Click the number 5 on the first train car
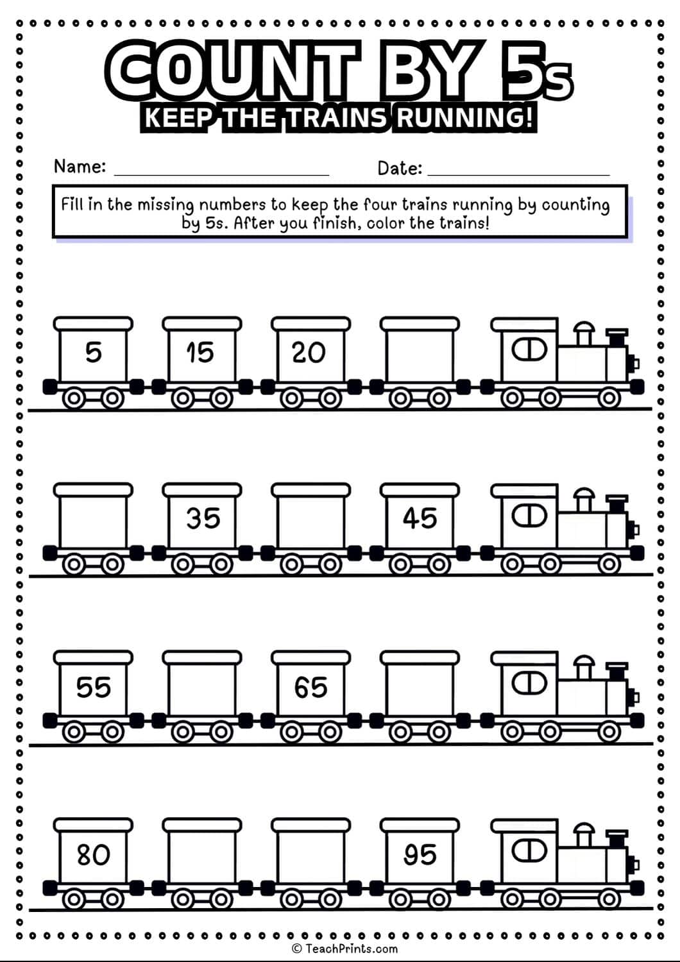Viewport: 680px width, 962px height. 94,353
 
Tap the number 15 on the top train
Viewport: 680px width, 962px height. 200,353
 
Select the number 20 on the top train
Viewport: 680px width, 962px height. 309,353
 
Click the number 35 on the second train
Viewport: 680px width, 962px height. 203,518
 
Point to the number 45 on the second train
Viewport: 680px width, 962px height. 420,518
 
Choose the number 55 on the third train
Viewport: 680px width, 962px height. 94,688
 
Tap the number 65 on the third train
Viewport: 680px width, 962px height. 311,688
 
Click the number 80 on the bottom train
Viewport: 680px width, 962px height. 94,855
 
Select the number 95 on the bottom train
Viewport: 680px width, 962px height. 420,855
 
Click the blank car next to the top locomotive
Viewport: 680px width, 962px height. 420,353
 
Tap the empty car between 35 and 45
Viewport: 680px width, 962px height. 311,518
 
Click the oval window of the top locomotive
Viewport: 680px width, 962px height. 529,350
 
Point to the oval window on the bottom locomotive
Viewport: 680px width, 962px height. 529,851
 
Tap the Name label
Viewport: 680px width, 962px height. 80,167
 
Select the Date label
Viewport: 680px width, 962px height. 400,169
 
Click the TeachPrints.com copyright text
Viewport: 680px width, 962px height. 345,949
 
